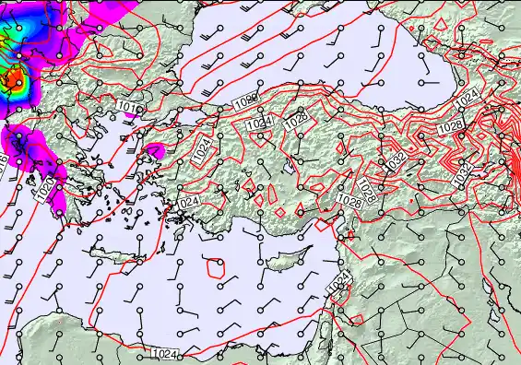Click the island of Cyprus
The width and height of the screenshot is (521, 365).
[282, 262]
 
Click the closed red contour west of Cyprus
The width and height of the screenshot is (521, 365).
[216, 268]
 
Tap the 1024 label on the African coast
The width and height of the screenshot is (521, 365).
[164, 354]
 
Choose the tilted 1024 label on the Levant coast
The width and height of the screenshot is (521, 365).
[340, 280]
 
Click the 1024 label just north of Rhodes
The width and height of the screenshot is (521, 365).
[187, 202]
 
